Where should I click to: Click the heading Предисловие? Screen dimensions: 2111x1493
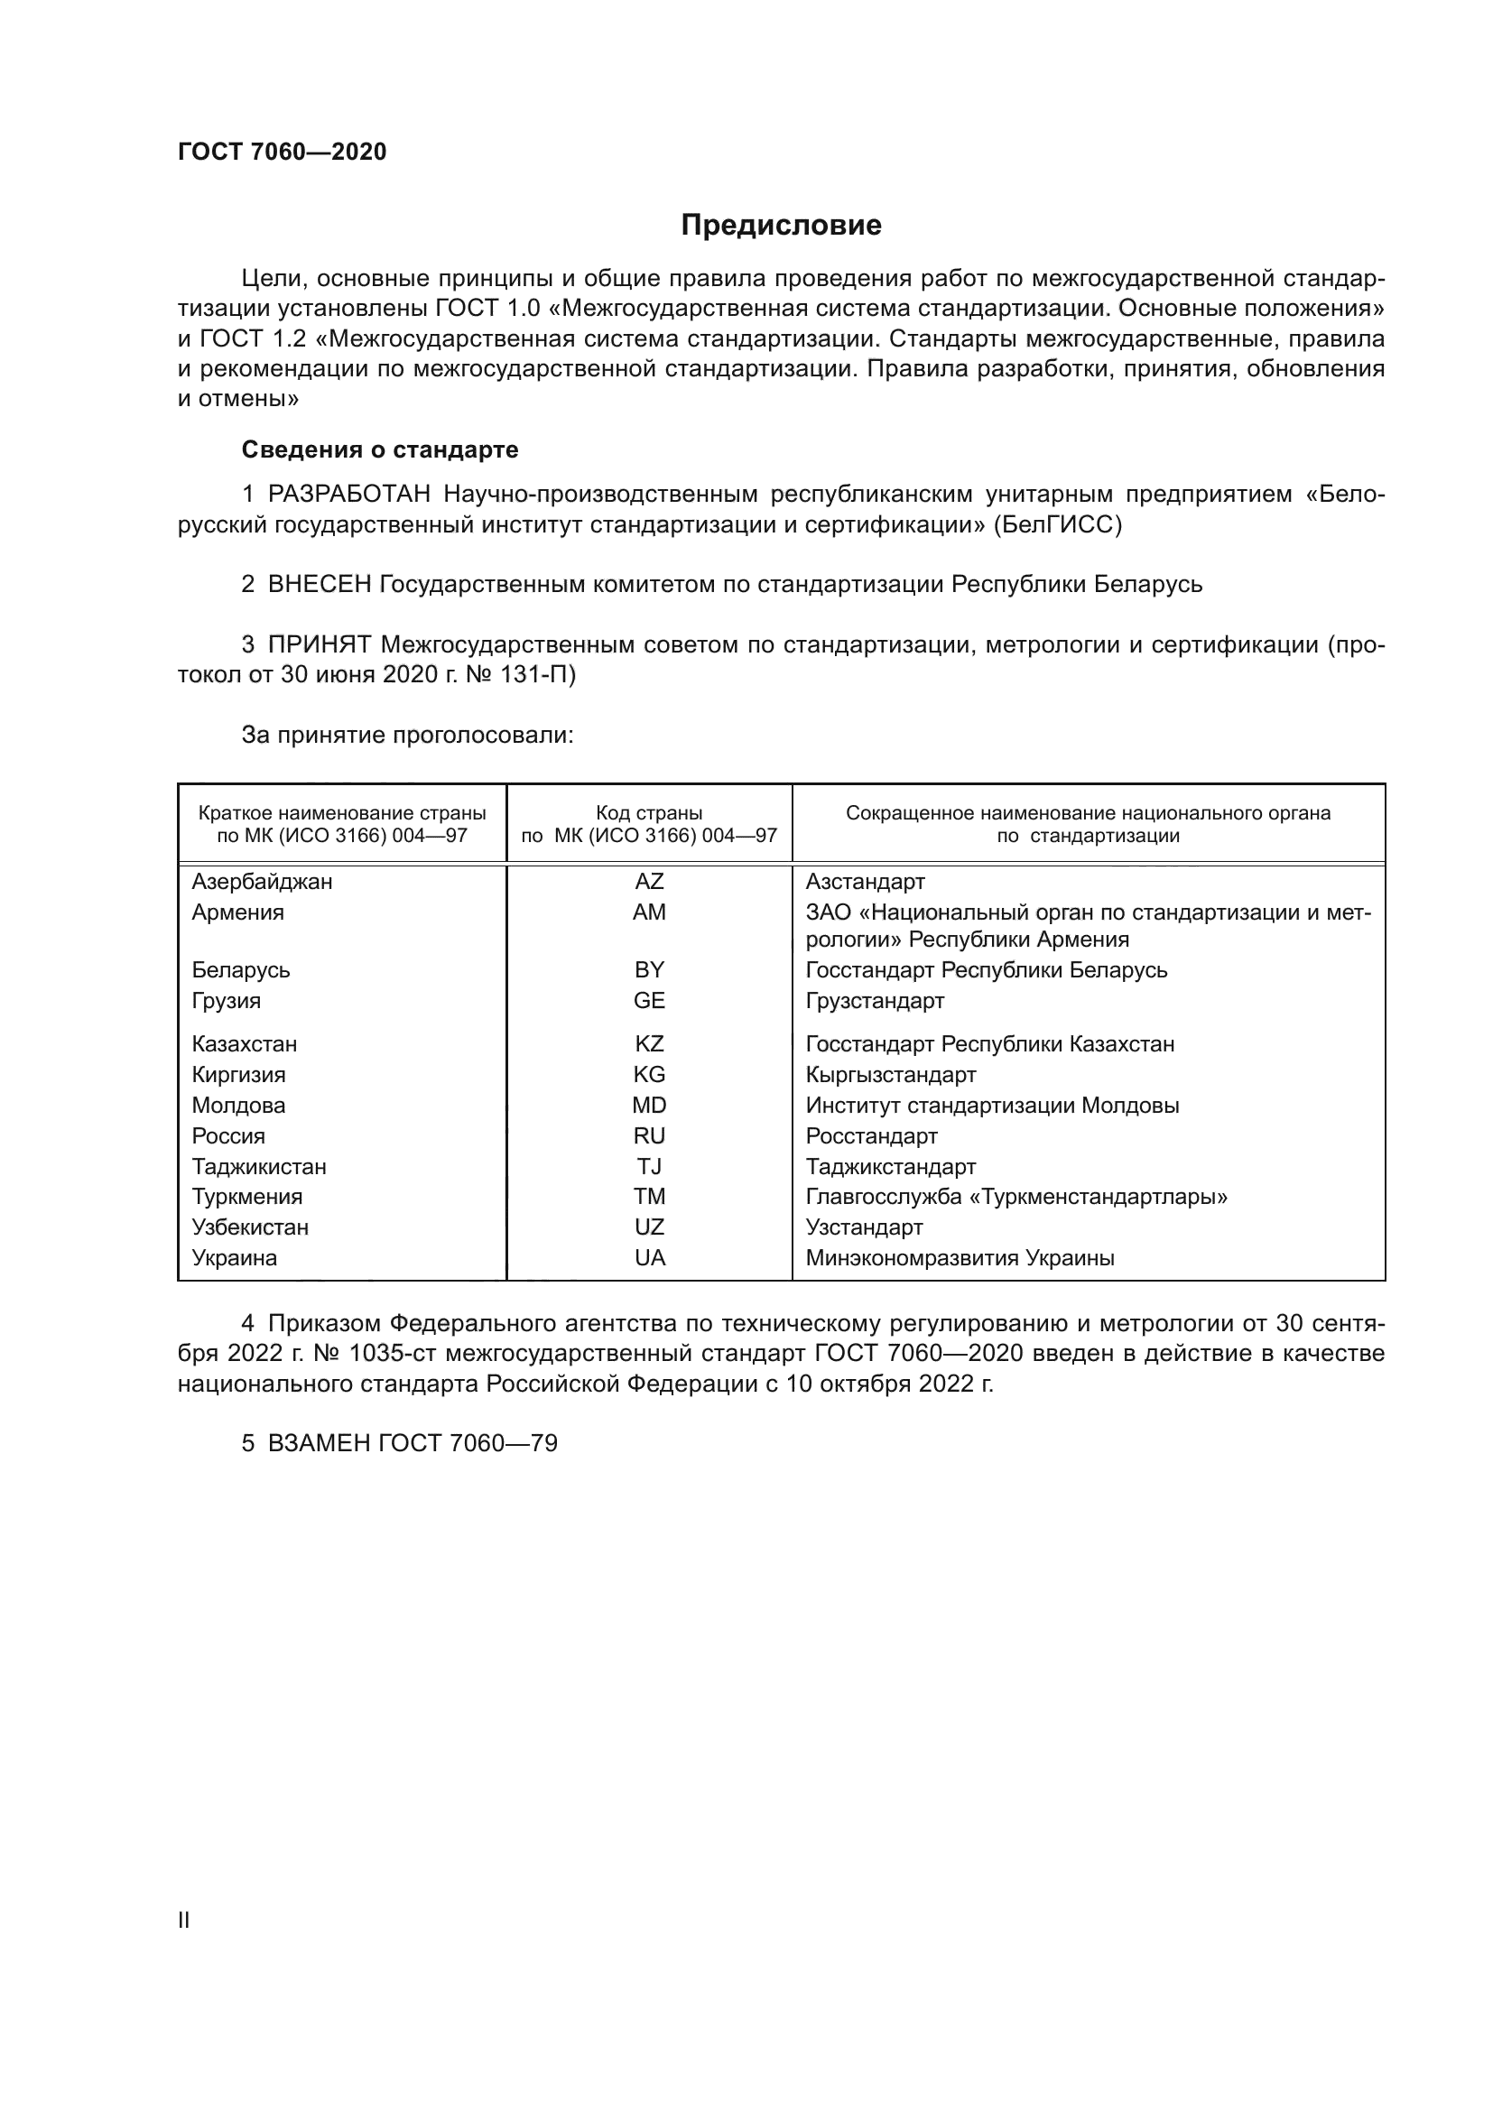point(781,226)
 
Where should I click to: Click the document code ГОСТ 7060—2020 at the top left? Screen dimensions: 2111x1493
point(283,152)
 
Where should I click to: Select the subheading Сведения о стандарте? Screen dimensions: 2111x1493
point(380,449)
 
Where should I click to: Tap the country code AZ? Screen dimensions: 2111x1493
point(649,882)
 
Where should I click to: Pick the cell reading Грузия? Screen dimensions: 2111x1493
point(227,1000)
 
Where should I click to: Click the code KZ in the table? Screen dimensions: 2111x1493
point(649,1044)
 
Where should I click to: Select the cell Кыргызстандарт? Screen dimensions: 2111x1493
point(891,1075)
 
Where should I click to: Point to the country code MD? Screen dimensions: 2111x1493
point(649,1106)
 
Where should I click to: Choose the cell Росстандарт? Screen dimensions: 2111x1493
point(872,1136)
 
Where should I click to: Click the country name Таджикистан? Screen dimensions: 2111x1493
point(259,1167)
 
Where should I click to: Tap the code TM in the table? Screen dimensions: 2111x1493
point(649,1197)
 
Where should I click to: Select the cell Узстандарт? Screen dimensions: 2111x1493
point(864,1227)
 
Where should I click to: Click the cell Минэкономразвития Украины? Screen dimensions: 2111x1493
point(960,1258)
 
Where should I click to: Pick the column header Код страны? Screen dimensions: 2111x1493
point(649,813)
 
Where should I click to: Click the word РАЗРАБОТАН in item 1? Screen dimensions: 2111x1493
point(349,495)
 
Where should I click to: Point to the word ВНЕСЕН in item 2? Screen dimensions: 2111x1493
point(319,585)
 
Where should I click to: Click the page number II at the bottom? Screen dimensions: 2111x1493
point(184,1920)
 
